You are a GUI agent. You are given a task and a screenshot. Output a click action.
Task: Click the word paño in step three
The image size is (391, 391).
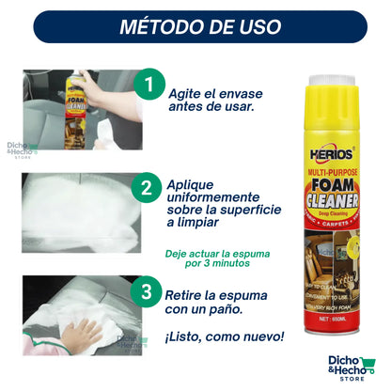click(x=236, y=310)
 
